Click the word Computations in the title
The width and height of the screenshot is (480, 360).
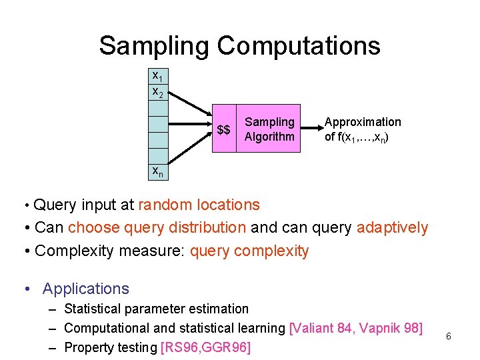point(299,46)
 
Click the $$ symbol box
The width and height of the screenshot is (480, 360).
point(224,129)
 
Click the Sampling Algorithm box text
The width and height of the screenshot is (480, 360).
point(269,129)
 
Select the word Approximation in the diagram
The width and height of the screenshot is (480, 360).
point(363,122)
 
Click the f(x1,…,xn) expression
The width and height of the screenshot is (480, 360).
point(363,137)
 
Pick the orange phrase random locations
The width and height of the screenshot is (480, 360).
point(199,205)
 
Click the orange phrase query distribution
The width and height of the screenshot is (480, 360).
point(157,227)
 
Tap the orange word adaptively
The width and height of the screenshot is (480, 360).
point(393,227)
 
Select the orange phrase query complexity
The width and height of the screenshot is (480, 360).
point(249,251)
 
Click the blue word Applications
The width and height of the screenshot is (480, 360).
point(85,289)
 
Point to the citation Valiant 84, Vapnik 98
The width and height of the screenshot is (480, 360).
point(356,328)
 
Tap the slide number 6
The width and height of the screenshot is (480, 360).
point(449,337)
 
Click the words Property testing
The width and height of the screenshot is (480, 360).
point(110,347)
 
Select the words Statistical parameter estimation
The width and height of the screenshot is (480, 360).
point(156,309)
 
